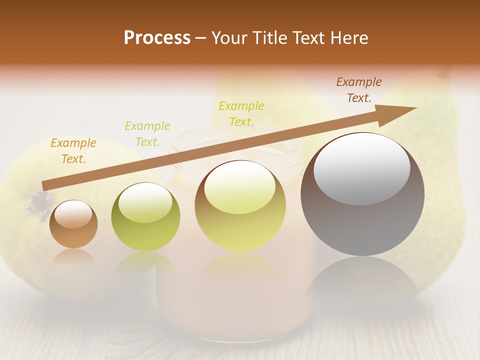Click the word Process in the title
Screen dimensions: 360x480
click(157, 38)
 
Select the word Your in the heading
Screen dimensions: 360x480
click(230, 38)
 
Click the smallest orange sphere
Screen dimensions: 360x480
click(73, 224)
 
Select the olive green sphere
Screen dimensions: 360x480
click(145, 217)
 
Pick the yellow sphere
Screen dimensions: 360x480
click(240, 206)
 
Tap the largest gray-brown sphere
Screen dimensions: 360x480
click(362, 194)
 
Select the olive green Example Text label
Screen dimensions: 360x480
click(147, 134)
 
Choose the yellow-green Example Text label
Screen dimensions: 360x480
click(241, 113)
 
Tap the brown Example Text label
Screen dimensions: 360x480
click(359, 90)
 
